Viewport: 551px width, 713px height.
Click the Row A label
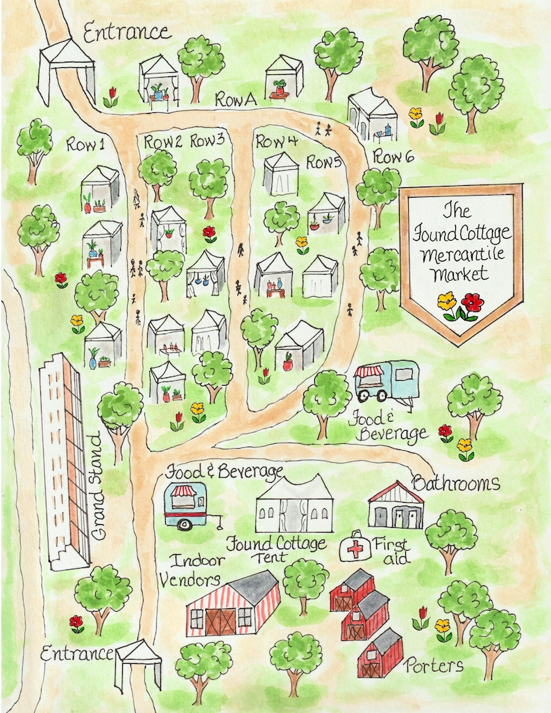tap(235, 100)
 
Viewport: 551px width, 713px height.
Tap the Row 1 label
tap(85, 145)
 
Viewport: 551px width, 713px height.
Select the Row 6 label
tap(393, 157)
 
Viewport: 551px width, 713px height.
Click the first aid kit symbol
tap(356, 549)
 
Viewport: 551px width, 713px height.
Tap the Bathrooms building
tap(396, 507)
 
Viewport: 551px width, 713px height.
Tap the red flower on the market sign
tap(473, 303)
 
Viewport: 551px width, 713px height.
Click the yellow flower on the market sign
tap(447, 302)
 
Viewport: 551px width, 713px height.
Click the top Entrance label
tap(126, 31)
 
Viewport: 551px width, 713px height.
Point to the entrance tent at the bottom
tap(139, 664)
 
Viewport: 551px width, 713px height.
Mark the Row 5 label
tap(325, 163)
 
